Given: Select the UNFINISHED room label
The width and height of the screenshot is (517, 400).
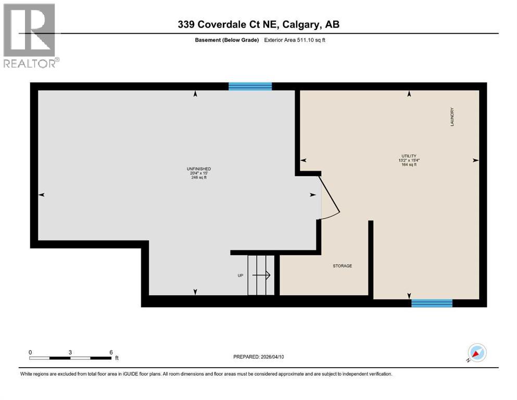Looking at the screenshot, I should coord(198,169).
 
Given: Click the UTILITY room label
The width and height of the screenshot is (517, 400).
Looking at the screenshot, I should coord(409,156).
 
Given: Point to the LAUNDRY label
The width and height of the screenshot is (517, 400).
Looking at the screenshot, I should coord(452,117).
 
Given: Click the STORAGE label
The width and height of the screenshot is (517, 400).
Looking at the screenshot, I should coord(343,266).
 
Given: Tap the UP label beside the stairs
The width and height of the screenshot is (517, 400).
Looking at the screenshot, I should coord(241,276).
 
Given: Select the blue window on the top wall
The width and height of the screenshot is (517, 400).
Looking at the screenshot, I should coord(250,86).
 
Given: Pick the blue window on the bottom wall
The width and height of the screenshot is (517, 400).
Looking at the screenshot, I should coord(432,303).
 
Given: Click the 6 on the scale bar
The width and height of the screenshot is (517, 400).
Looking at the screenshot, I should coord(111,352).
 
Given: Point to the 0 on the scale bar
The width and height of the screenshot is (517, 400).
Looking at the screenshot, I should coord(30,352).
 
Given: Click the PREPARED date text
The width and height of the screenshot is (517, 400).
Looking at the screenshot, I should coord(259,357).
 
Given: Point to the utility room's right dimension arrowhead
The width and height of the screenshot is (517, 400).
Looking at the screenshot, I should coord(475,160).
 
